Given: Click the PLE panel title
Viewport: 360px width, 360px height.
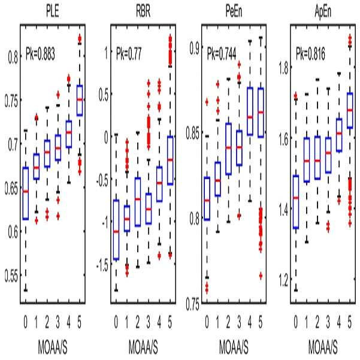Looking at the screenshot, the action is coord(53,11).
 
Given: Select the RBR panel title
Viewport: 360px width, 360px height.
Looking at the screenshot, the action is coord(143,11).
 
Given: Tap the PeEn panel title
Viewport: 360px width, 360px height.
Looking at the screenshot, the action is coord(234,11).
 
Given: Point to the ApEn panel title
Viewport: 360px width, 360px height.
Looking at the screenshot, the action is coord(323,11).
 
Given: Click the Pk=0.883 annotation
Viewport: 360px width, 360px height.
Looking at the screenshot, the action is coord(40,55).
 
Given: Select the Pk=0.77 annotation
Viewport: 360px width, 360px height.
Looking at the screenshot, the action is coord(129,54).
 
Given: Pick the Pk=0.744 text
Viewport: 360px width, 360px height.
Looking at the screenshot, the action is coord(222,55).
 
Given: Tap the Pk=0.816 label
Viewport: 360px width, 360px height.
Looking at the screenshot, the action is coord(310,55).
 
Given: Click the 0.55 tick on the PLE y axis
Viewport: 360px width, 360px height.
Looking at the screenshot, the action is coord(11,276).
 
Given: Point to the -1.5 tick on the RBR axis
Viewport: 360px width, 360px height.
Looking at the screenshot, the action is coord(102,266).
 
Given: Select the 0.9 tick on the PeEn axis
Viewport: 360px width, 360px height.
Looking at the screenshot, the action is coord(194,49).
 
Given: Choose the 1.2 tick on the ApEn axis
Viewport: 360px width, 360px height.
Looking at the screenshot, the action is coord(283,280).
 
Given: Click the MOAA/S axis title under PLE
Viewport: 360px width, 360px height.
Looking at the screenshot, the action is coord(53,347).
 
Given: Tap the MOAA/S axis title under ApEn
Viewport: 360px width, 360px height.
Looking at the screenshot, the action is coord(323,347).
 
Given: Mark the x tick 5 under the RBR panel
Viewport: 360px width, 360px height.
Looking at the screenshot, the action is coord(170,322).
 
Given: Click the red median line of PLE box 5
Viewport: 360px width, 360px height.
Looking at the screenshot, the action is coord(80,99).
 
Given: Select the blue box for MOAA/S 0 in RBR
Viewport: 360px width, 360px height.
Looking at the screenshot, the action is coord(116,230).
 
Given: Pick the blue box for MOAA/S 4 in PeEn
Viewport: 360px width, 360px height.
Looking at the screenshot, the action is coord(250,111).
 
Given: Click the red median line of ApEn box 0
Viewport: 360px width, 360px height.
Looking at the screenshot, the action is coord(296,198).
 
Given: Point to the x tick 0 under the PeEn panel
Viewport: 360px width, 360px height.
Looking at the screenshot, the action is coord(207,322).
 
